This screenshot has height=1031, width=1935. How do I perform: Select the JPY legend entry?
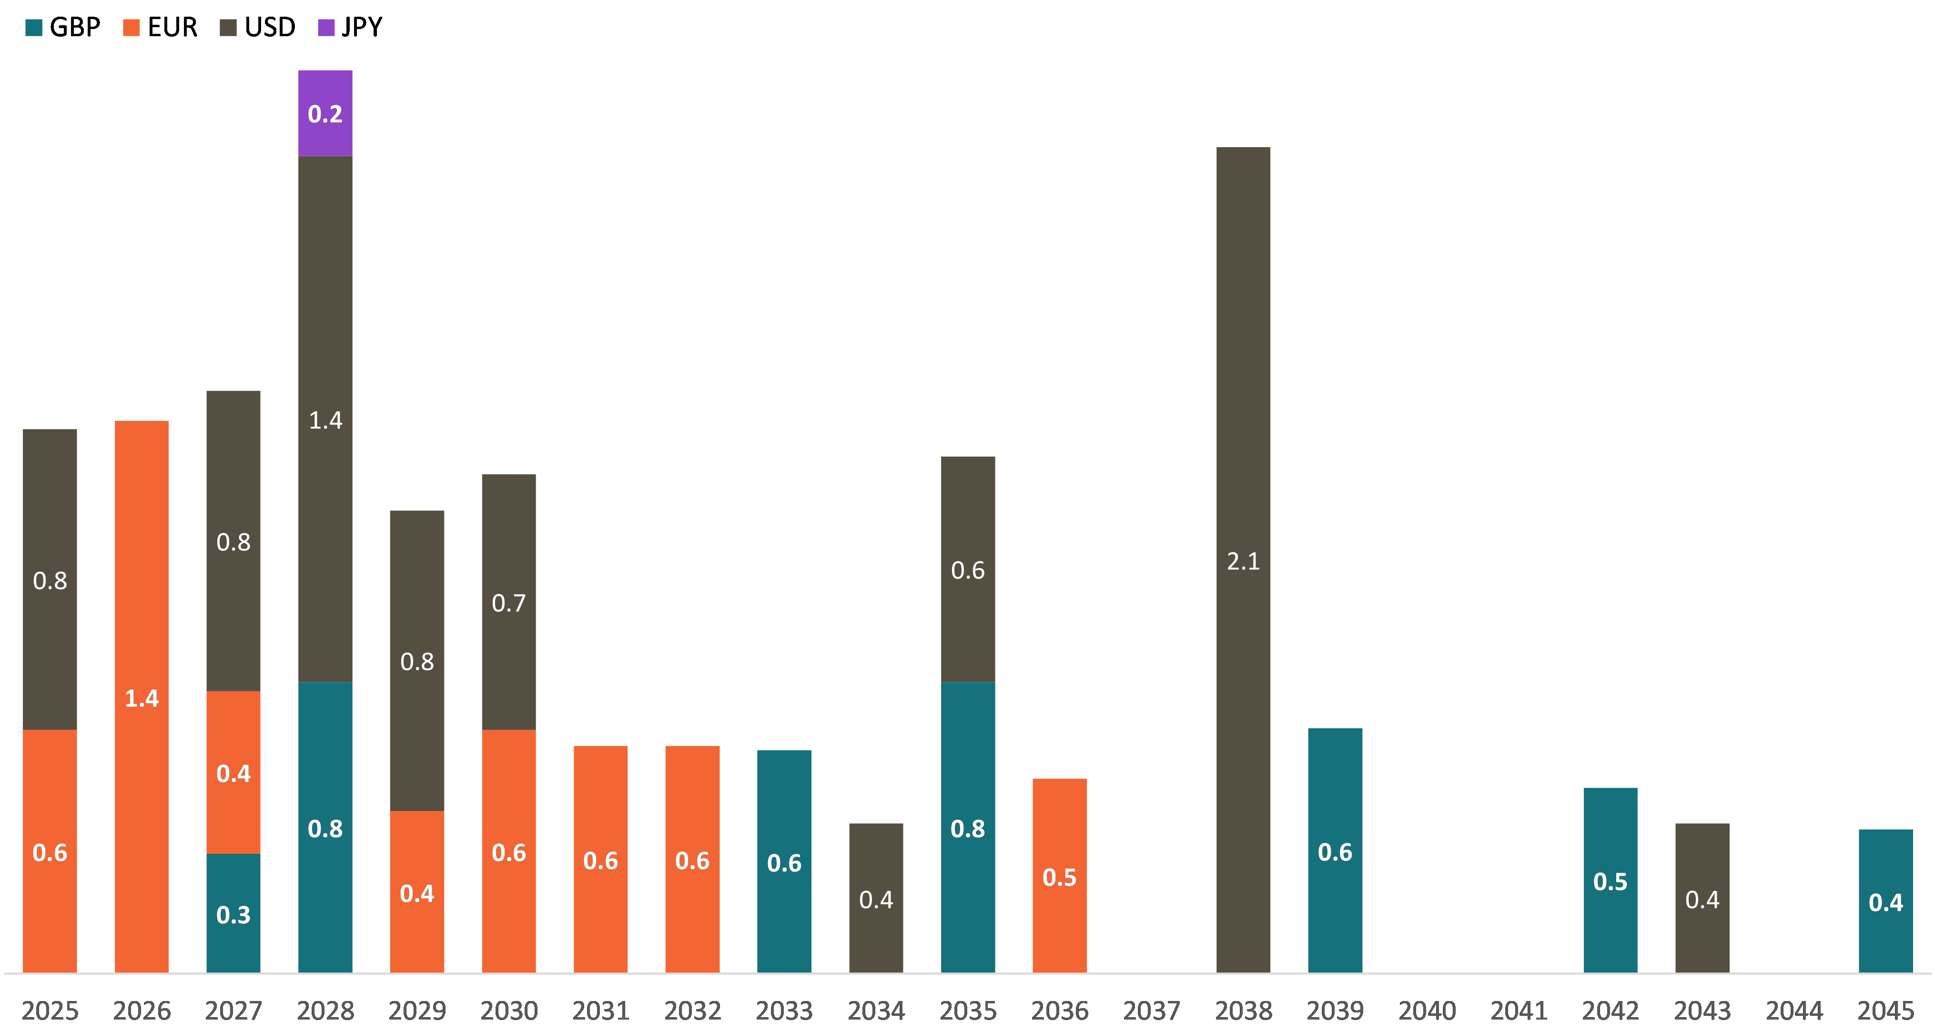coord(350,28)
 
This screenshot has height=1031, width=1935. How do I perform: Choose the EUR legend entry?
coord(160,28)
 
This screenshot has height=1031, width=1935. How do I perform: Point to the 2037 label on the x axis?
coord(1152,1011)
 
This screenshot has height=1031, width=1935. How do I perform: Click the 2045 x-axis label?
coord(1885,1011)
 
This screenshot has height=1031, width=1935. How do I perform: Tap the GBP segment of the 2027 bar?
coord(233,913)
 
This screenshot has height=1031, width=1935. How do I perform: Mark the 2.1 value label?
coord(1243,561)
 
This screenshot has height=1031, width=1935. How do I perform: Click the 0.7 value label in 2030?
coord(508,603)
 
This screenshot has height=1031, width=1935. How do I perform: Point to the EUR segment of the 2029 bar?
coord(417,892)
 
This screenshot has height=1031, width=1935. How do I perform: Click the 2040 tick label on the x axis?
coord(1427,1011)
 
